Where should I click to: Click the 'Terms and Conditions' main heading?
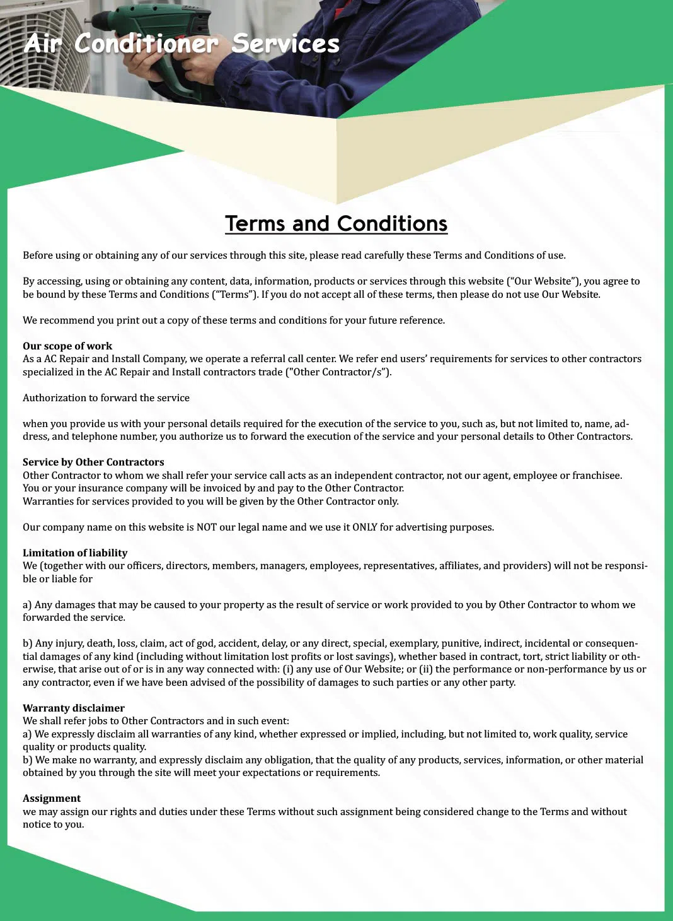(x=336, y=224)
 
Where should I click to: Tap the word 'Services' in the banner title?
(x=285, y=44)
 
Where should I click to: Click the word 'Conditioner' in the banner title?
(x=146, y=44)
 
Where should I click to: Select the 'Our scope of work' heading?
(x=67, y=346)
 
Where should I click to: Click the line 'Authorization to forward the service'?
(x=106, y=397)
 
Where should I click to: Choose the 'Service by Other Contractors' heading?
(x=93, y=462)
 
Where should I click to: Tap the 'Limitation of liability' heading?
(x=75, y=553)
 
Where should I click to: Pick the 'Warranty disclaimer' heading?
(x=74, y=708)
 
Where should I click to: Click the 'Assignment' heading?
(x=52, y=798)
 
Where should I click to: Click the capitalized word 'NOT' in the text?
(x=207, y=527)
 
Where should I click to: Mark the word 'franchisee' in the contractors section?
(x=597, y=475)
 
